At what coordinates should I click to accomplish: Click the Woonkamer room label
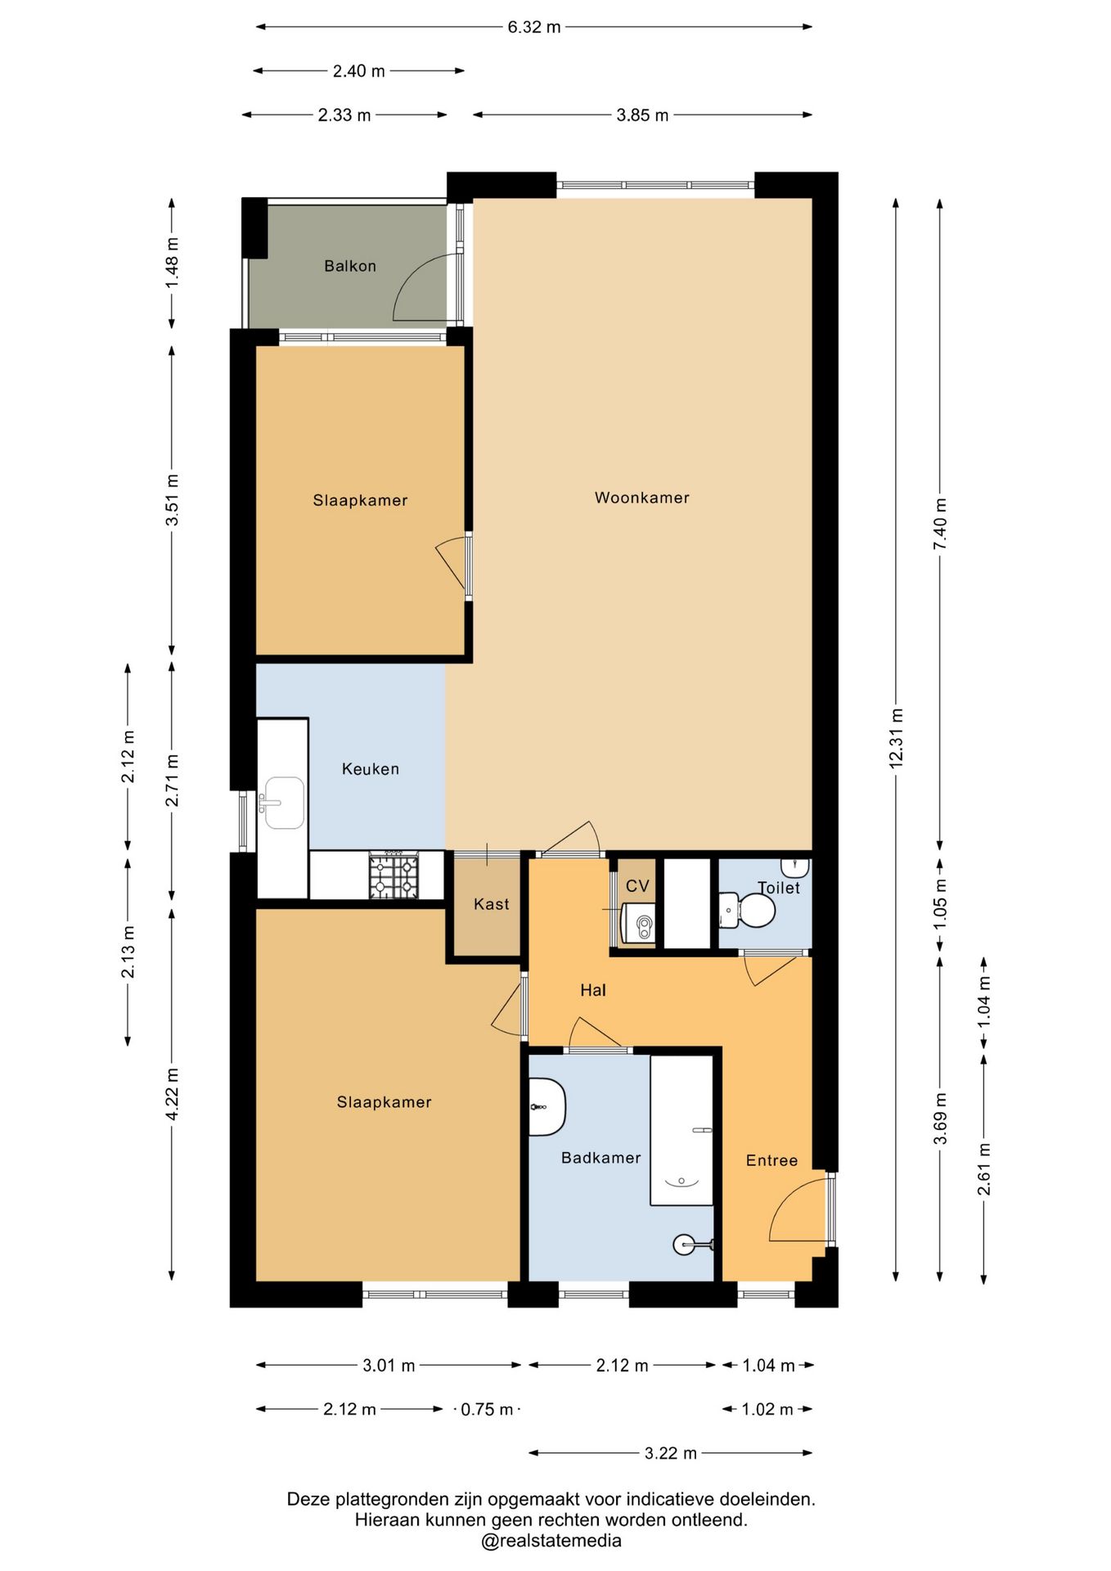click(641, 497)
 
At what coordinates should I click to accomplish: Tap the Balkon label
click(350, 266)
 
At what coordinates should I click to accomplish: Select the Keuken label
click(371, 769)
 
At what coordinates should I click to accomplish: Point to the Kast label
click(491, 904)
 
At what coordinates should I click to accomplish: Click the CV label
click(637, 886)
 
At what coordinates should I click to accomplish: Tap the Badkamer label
click(600, 1158)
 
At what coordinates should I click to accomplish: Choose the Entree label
click(771, 1160)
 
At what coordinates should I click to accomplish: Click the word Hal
click(593, 990)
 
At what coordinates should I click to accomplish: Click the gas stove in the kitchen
click(394, 876)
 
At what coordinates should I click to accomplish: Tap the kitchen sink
click(283, 803)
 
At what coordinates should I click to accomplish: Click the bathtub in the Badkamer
click(681, 1130)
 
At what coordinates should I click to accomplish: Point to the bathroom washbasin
click(547, 1107)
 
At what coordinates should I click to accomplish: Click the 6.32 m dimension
click(534, 27)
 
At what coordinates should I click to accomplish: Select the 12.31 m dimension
click(896, 739)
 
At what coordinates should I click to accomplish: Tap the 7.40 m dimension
click(940, 524)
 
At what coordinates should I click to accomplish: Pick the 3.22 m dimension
click(671, 1453)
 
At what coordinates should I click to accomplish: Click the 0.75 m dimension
click(488, 1409)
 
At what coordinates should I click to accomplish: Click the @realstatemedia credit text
click(551, 1542)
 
